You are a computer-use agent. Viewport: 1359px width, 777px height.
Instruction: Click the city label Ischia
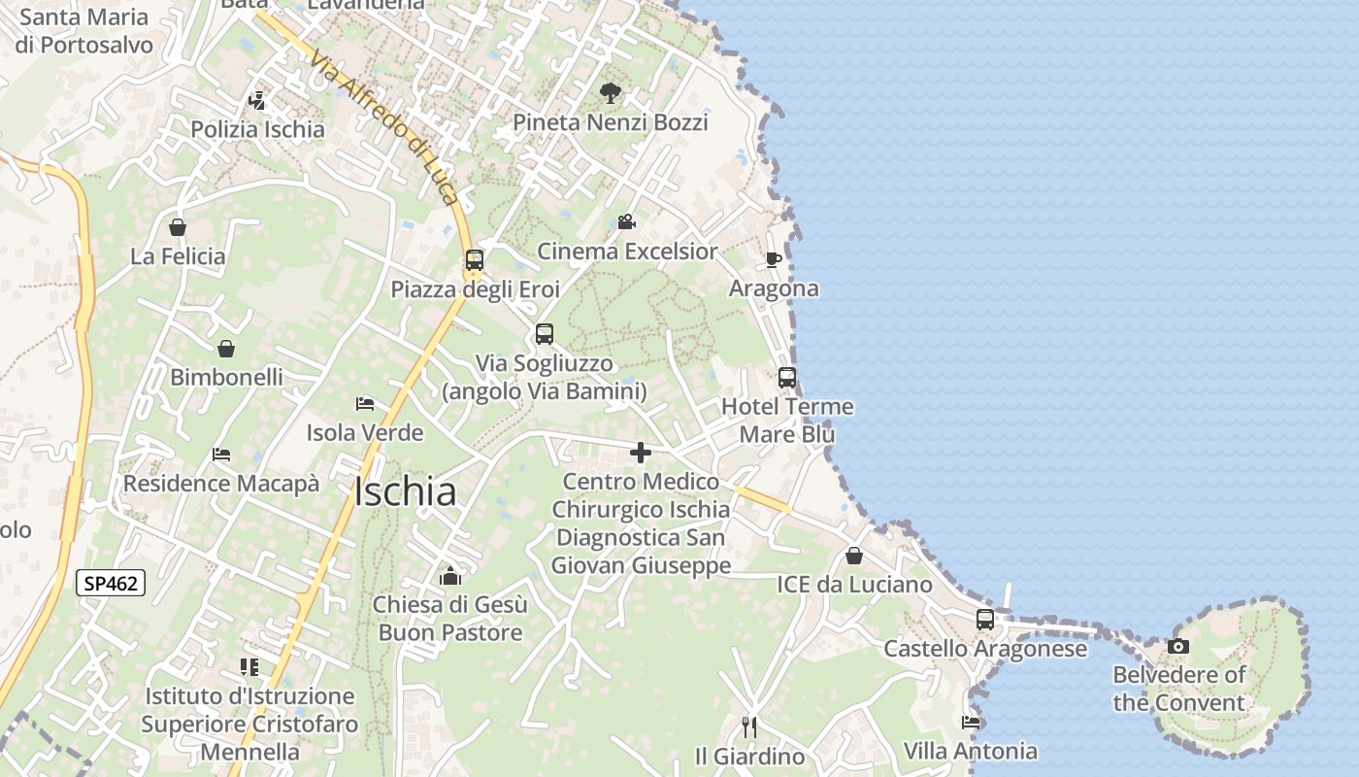pos(405,492)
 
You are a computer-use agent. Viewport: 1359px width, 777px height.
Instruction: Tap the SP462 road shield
pos(111,584)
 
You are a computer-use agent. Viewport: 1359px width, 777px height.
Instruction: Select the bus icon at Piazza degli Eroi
pos(474,260)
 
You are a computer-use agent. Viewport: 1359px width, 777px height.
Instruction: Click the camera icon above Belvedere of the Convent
pos(1177,646)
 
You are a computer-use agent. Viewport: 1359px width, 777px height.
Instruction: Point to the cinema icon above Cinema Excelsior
pos(626,222)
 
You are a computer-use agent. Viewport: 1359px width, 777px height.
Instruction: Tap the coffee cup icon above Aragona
pos(773,259)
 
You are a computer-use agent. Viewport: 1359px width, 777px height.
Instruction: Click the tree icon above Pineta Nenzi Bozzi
pos(610,93)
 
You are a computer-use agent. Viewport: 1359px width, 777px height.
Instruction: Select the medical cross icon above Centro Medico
pos(641,453)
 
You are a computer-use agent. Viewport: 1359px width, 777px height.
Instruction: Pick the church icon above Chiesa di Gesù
pos(449,576)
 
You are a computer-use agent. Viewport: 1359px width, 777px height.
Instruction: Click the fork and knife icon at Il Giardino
pos(748,726)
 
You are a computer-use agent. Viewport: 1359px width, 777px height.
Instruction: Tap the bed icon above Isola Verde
pos(365,403)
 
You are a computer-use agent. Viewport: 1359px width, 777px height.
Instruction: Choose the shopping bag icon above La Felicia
pos(178,227)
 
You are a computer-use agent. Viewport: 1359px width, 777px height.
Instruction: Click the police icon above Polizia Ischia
pos(257,100)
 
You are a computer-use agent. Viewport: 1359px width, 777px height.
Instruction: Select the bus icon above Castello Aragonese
pos(984,620)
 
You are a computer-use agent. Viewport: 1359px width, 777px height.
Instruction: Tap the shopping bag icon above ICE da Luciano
pos(853,556)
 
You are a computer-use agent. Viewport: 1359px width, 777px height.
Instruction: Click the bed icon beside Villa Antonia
pos(970,722)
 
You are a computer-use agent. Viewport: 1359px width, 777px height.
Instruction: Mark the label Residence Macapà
pos(220,484)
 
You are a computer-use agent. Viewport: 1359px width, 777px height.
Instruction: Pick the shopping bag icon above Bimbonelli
pos(226,348)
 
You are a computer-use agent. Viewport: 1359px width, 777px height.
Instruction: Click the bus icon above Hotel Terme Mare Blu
pos(786,378)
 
